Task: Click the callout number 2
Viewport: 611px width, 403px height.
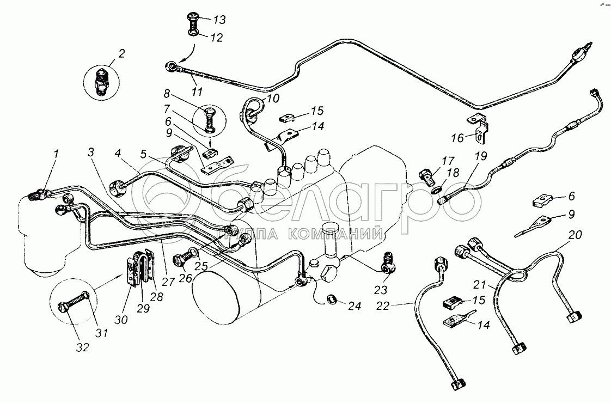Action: [121, 54]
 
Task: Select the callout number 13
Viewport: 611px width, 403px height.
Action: [219, 20]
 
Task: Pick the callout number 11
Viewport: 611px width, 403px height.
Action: [198, 92]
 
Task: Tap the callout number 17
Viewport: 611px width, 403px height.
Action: [448, 161]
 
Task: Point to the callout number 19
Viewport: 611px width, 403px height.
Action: [481, 156]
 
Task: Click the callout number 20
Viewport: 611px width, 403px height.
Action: [575, 235]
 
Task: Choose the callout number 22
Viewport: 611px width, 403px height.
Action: [383, 307]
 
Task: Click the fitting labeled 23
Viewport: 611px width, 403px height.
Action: [388, 264]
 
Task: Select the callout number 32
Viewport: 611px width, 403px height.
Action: [83, 347]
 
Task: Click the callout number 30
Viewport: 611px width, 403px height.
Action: [121, 320]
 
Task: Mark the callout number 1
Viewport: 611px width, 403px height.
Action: [56, 154]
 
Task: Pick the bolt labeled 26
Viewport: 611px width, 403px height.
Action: [186, 259]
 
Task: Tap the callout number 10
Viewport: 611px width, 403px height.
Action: [273, 98]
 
